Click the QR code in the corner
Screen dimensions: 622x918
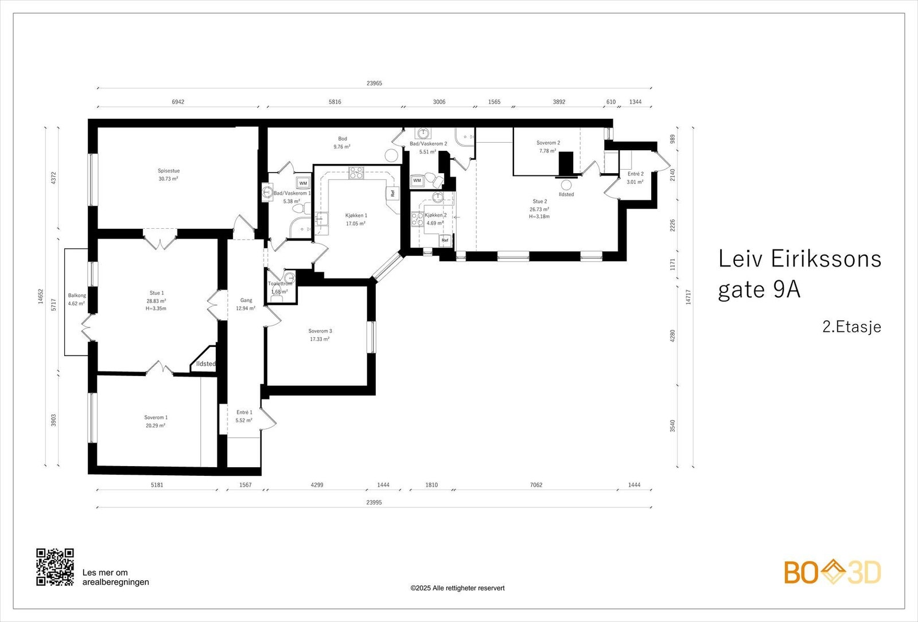pyautogui.click(x=55, y=567)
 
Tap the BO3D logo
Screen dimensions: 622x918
pyautogui.click(x=833, y=572)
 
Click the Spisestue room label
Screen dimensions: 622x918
pyautogui.click(x=169, y=171)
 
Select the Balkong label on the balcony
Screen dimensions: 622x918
pyautogui.click(x=77, y=296)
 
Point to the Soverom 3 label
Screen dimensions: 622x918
pyautogui.click(x=320, y=331)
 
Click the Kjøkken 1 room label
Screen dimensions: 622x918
pyautogui.click(x=356, y=216)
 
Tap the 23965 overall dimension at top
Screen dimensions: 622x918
pyautogui.click(x=374, y=84)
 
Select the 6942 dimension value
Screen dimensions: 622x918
pyautogui.click(x=178, y=102)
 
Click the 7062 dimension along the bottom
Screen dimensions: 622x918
pyautogui.click(x=536, y=485)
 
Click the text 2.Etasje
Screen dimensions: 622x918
pyautogui.click(x=851, y=327)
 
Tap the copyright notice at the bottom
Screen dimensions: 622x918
pyautogui.click(x=457, y=588)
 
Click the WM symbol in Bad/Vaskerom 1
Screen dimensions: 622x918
pyautogui.click(x=303, y=183)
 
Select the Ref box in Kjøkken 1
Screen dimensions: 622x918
pyautogui.click(x=393, y=193)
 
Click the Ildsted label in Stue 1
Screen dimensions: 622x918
pyautogui.click(x=205, y=364)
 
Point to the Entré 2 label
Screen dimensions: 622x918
pyautogui.click(x=635, y=174)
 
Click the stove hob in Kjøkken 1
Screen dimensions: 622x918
pyautogui.click(x=356, y=172)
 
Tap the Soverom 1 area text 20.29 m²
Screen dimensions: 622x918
pyautogui.click(x=155, y=426)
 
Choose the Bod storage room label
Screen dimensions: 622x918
pyautogui.click(x=343, y=139)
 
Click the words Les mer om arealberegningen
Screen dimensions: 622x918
pyautogui.click(x=115, y=577)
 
